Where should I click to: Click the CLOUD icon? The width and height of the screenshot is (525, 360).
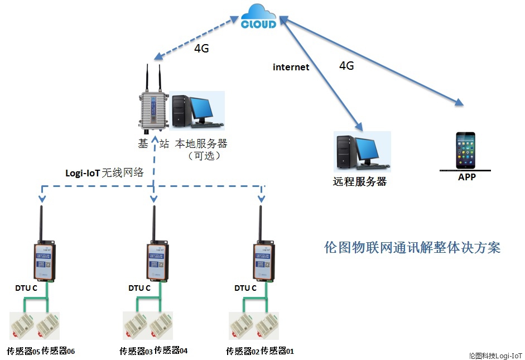pos(258,17)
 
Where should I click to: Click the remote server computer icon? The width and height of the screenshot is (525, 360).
pos(362,151)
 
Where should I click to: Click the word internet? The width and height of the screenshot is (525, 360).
pos(291,68)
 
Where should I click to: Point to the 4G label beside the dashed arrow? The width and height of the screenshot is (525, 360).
pos(201,49)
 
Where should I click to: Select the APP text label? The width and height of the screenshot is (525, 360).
pos(466,177)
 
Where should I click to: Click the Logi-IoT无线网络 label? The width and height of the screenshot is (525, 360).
pos(104,173)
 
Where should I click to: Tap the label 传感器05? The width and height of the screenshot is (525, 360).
pos(24,351)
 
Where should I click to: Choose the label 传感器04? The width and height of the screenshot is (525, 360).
pos(171,351)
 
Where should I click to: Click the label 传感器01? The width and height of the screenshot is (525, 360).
pos(277,351)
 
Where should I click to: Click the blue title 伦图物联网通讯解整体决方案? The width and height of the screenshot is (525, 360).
pos(412,248)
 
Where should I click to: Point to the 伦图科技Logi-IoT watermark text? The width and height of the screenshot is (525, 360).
pos(495,354)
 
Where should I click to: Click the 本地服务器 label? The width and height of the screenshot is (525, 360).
pos(201,143)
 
